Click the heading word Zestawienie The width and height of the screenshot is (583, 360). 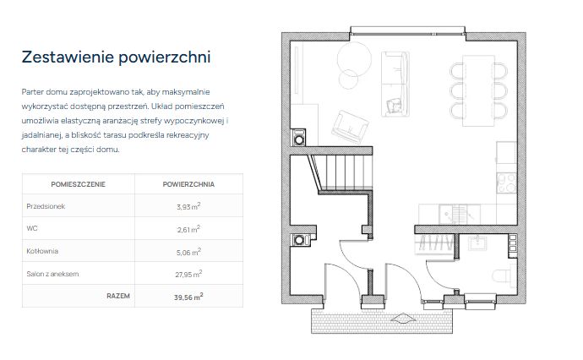point(68,57)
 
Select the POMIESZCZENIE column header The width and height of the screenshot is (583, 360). point(78,184)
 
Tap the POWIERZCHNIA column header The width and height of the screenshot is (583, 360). point(188,184)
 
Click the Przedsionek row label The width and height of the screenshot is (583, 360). point(46,206)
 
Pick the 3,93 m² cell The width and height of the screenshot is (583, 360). point(188,206)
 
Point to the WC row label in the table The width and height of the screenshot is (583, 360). point(32,228)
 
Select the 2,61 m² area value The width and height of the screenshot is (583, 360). point(188,229)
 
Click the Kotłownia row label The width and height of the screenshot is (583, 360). point(42,251)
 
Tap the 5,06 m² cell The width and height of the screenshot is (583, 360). point(188,252)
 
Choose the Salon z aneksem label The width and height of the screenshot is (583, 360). point(52,274)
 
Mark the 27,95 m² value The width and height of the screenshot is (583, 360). point(188,274)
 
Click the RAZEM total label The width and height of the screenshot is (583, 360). point(118,296)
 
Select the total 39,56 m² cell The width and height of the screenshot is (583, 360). point(188,297)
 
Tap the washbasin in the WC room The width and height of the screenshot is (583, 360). point(477,243)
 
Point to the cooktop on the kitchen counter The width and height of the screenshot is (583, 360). point(506,183)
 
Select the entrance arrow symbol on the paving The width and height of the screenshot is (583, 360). point(403,319)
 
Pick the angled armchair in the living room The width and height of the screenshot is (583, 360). point(351,127)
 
